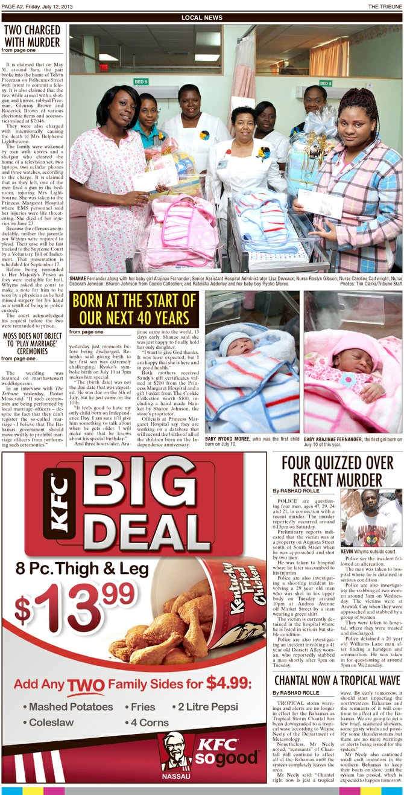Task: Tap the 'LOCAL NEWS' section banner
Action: (201, 18)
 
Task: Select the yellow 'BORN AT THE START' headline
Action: (134, 309)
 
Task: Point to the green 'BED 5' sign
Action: (140, 81)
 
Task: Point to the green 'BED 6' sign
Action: (326, 83)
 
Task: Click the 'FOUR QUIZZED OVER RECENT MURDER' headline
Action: (337, 471)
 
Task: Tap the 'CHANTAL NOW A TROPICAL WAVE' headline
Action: (337, 680)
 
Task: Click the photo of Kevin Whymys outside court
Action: (371, 518)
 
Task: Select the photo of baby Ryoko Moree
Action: (252, 363)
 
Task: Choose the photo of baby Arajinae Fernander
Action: (352, 363)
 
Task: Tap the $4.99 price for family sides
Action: (229, 683)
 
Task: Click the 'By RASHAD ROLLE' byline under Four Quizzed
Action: (295, 491)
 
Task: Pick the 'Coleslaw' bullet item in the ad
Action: (48, 722)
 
